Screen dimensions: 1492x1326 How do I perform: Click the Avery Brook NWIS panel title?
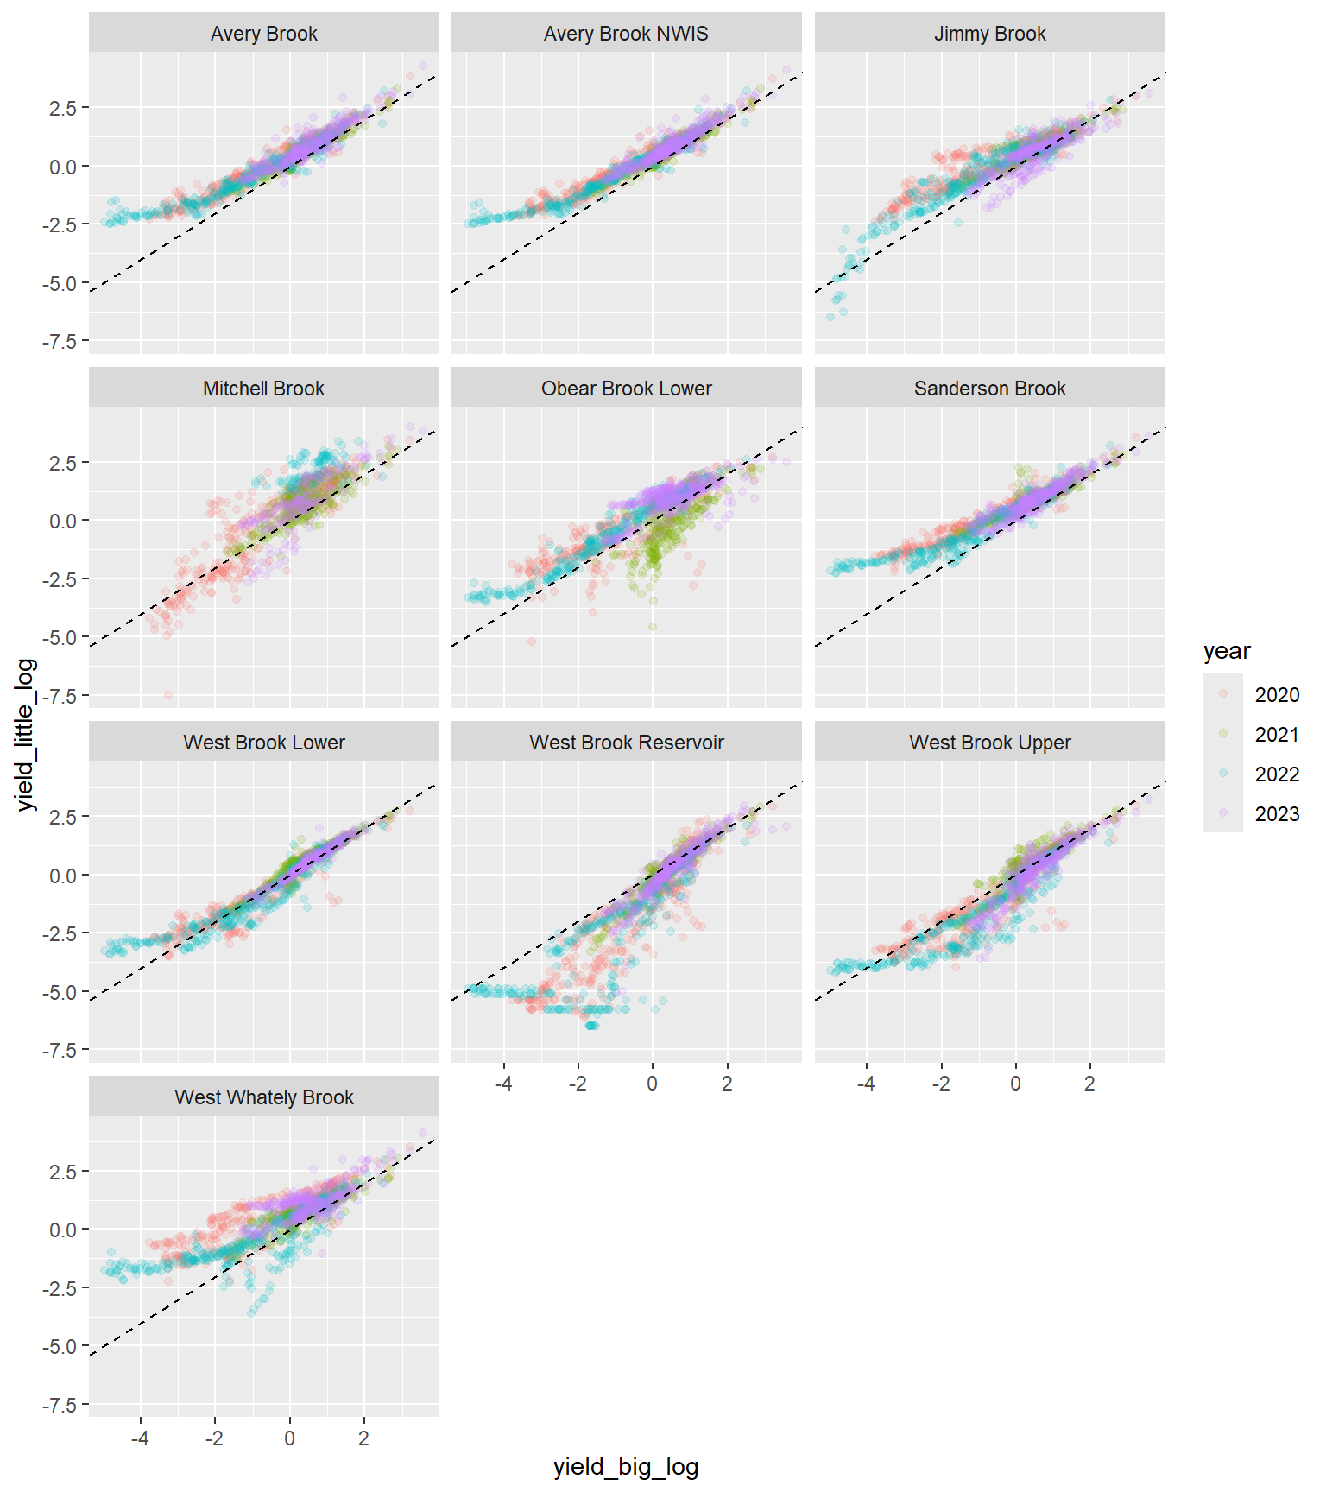(626, 34)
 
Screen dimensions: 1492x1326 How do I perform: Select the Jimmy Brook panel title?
(989, 34)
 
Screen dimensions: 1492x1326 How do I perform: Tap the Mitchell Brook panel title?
(263, 389)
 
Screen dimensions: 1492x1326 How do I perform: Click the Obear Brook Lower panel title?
(626, 389)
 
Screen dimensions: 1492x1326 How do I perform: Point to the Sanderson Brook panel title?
(989, 389)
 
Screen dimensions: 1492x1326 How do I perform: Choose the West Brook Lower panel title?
(263, 743)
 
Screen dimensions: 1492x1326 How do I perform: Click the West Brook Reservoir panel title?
(626, 743)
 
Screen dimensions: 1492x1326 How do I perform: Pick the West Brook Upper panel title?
(989, 743)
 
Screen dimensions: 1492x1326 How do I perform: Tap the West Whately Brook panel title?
(263, 1097)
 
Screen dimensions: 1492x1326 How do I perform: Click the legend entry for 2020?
(1276, 695)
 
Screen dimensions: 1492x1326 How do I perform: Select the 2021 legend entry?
(1276, 735)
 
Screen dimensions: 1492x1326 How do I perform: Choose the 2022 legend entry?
(1276, 774)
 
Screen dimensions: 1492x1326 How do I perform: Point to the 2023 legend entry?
(1276, 814)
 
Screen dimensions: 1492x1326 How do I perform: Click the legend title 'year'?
(1226, 652)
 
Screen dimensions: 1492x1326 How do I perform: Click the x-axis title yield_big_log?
(626, 1467)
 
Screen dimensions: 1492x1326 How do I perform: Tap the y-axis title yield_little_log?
(26, 734)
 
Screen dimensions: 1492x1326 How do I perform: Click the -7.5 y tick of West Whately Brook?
(60, 1405)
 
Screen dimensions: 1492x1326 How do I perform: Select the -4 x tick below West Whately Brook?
(140, 1438)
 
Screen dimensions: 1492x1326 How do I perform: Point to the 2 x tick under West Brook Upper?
(1089, 1084)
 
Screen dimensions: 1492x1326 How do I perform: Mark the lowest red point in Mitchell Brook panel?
(168, 695)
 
